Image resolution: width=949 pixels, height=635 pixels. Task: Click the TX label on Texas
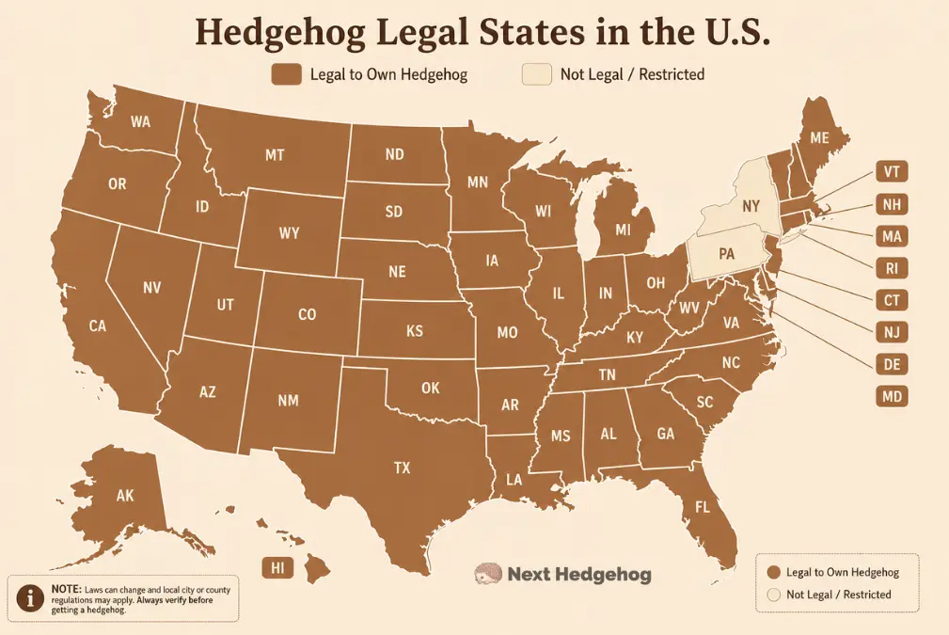[x=402, y=467]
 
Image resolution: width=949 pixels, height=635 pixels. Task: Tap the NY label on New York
[x=751, y=205]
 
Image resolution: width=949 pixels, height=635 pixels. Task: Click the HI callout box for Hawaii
[x=277, y=567]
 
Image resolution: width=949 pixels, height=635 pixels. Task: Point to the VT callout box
[x=891, y=171]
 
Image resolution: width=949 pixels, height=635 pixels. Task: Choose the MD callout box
[x=891, y=396]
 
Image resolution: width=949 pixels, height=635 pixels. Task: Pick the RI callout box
[x=891, y=268]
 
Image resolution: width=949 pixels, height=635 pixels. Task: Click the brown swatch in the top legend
[x=286, y=74]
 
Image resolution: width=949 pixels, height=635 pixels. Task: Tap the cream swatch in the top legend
[x=536, y=74]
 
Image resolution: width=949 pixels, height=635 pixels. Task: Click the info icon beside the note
[x=32, y=598]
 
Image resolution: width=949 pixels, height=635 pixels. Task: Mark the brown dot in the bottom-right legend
[x=773, y=572]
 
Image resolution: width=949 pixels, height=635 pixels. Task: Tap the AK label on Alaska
[x=124, y=495]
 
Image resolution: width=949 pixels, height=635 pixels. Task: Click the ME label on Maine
[x=819, y=137]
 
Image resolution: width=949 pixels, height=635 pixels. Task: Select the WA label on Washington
[x=141, y=121]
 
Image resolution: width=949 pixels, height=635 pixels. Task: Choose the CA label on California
[x=97, y=325]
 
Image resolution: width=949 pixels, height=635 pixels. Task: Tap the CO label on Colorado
[x=307, y=315]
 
